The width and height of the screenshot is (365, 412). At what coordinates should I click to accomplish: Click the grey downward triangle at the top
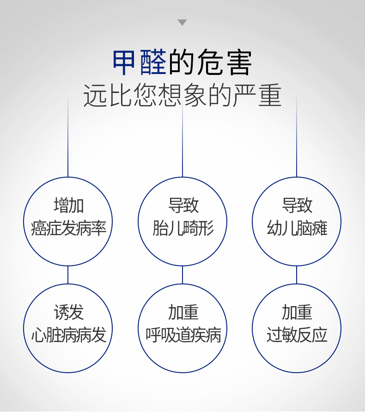182,22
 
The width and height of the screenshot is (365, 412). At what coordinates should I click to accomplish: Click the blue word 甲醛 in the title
140,62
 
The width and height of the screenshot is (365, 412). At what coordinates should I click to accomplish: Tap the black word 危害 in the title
224,62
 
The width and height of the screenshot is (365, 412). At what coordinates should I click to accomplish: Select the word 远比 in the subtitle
107,95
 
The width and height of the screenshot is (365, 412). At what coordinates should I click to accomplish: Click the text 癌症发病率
68,228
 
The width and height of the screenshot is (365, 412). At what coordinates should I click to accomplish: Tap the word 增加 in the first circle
69,205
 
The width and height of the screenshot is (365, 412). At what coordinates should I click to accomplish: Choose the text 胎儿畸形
183,228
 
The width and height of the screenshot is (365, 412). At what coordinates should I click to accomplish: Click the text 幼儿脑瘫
297,228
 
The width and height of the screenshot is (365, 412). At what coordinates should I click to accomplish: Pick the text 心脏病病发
68,335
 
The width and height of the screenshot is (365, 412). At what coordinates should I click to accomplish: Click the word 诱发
69,312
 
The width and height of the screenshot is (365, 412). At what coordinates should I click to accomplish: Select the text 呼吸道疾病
183,335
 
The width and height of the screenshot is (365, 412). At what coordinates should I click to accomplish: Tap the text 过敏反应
297,335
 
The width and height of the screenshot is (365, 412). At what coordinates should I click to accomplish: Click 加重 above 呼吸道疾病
183,312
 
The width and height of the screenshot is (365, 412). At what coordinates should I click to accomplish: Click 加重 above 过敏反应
297,312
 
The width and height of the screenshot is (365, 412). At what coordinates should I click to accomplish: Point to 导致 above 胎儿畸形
183,205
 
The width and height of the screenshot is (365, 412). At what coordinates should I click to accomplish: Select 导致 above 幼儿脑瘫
297,205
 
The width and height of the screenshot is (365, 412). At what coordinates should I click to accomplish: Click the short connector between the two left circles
68,275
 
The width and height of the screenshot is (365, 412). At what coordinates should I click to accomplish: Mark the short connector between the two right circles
297,275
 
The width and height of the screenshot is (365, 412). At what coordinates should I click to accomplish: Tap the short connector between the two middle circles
182,275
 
